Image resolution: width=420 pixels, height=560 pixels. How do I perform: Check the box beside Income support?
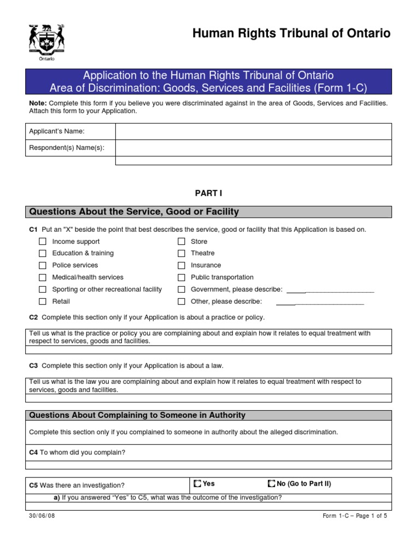[x=42, y=241]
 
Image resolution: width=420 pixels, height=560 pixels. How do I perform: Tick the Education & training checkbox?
[x=42, y=253]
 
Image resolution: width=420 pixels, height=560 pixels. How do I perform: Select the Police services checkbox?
[x=42, y=265]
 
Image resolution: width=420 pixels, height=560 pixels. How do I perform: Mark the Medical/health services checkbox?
[x=42, y=277]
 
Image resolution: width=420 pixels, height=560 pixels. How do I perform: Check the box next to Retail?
[x=42, y=301]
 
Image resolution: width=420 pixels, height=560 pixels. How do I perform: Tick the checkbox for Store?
[x=182, y=241]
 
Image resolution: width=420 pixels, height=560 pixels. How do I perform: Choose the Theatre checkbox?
[x=182, y=253]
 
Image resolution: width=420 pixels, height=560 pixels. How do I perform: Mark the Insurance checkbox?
[x=182, y=265]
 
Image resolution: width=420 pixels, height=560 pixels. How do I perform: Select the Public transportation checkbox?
[x=182, y=277]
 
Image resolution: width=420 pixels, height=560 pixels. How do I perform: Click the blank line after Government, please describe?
[x=330, y=290]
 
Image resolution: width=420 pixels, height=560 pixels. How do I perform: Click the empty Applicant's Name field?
[x=253, y=131]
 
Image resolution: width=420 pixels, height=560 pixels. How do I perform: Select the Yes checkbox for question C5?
[x=197, y=484]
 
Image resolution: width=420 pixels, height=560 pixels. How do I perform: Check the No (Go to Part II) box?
[x=272, y=484]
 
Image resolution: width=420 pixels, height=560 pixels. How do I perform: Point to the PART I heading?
[x=209, y=193]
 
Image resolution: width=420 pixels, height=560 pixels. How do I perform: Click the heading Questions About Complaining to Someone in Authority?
[x=137, y=415]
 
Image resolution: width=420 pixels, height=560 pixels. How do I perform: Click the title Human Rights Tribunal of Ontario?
[x=291, y=34]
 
